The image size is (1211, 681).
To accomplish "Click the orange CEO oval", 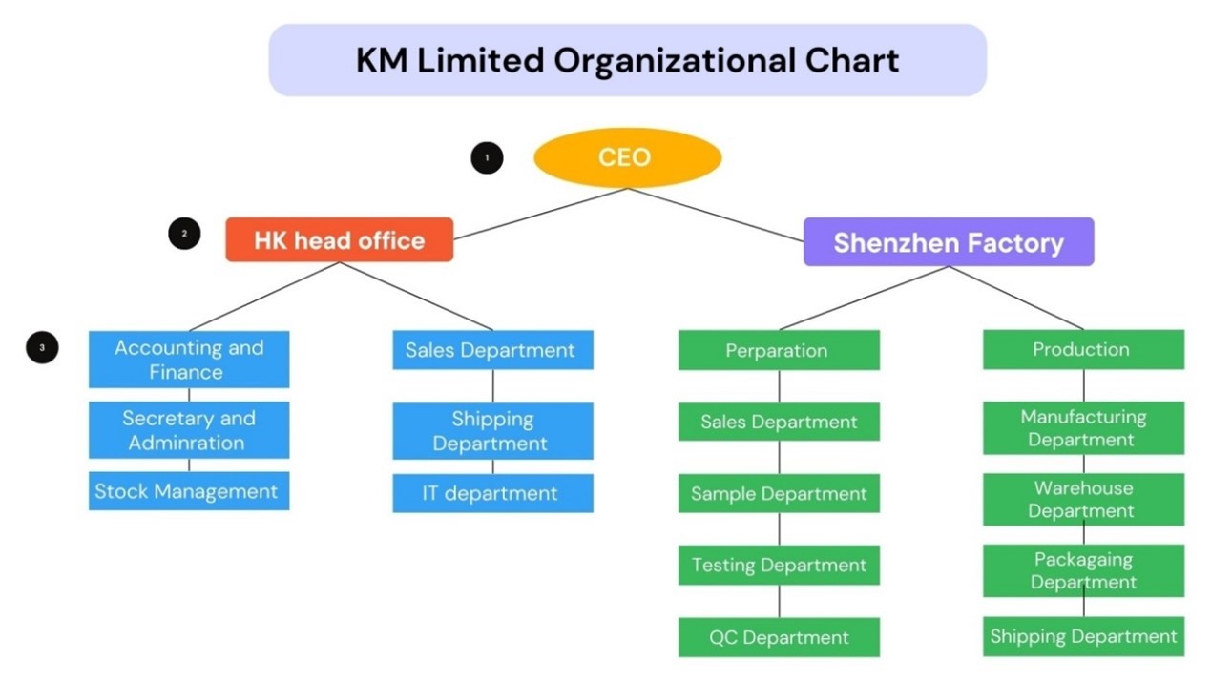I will click(626, 157).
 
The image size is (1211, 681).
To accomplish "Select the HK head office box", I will click(339, 239).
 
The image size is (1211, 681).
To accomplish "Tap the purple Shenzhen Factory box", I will click(948, 242).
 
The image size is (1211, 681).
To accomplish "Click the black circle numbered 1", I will click(487, 157).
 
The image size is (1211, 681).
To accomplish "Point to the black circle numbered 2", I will click(184, 233).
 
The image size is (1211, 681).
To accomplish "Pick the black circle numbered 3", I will click(42, 348).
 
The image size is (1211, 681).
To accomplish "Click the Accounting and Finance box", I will click(188, 360).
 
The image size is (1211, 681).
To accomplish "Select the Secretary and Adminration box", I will click(188, 430).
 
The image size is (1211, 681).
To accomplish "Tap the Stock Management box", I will click(188, 491).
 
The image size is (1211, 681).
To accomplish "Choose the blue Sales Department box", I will click(492, 350).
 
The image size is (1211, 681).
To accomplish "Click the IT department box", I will click(492, 493).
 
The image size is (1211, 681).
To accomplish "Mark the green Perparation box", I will click(778, 350).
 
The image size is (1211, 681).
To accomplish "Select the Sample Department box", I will click(778, 494).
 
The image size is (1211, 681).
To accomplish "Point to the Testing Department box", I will click(778, 566).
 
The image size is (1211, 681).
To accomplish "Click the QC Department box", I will click(778, 637).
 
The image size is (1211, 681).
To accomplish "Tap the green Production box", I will click(1082, 349).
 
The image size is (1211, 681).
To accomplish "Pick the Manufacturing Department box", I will click(1082, 428).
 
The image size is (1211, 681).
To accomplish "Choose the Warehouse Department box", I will click(1082, 500).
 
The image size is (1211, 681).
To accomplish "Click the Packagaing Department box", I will click(1082, 570).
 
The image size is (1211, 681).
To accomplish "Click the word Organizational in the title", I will click(673, 60).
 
